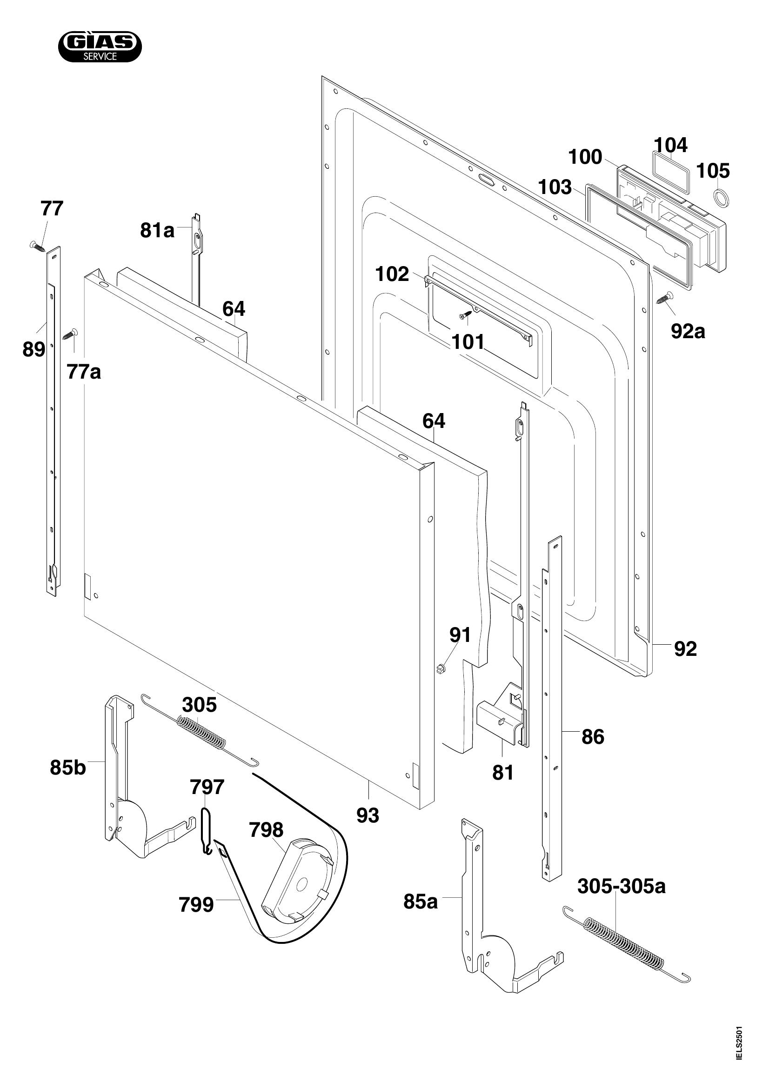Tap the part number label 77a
coord(84,373)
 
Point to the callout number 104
coord(671,146)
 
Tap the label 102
coord(392,274)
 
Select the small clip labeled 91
coord(440,668)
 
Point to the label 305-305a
coord(621,886)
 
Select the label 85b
coord(68,768)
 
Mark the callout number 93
coord(368,815)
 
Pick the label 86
coord(593,737)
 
